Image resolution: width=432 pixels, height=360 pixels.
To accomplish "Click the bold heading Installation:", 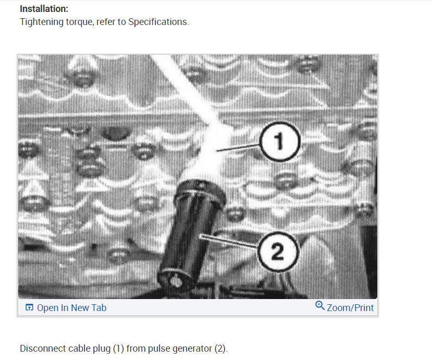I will [x=44, y=9].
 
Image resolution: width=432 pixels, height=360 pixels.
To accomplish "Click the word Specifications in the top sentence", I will [x=157, y=23].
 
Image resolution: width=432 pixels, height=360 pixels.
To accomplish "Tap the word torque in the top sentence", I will [x=79, y=23].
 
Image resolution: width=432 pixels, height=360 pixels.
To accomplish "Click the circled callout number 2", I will [x=278, y=253].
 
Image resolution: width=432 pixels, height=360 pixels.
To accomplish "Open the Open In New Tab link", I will [x=71, y=308].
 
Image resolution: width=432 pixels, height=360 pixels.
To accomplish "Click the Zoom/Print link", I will [x=350, y=308].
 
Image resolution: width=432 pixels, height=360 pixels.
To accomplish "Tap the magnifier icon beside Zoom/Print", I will [x=320, y=306].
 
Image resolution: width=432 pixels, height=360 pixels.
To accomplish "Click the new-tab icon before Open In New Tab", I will [x=29, y=308].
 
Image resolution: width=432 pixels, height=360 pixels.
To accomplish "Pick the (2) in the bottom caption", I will [x=220, y=349].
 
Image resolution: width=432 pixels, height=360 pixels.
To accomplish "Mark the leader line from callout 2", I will [x=232, y=242].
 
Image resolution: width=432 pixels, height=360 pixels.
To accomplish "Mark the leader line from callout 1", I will [x=240, y=147].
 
